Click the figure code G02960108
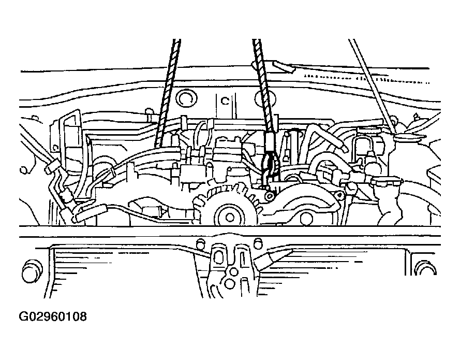click(53, 316)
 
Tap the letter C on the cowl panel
click(225, 101)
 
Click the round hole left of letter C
click(186, 98)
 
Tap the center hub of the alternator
click(230, 218)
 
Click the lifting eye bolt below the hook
click(269, 196)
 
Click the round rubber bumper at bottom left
click(32, 271)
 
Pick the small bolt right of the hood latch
click(258, 242)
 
